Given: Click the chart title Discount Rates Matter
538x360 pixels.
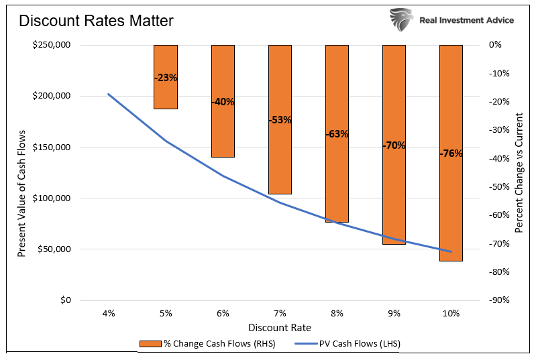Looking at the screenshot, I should pyautogui.click(x=96, y=21).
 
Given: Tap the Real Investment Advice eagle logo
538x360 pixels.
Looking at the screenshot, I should pyautogui.click(x=400, y=20).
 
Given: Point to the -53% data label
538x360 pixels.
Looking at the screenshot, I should pyautogui.click(x=280, y=120).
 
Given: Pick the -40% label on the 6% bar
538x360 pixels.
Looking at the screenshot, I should pyautogui.click(x=223, y=102).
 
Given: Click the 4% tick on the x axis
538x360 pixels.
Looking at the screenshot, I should pyautogui.click(x=109, y=313).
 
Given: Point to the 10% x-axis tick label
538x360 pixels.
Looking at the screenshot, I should pyautogui.click(x=451, y=313).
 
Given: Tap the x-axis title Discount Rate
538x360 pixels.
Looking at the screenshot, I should pyautogui.click(x=280, y=328).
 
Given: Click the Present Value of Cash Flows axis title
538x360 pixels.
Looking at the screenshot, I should pyautogui.click(x=22, y=172).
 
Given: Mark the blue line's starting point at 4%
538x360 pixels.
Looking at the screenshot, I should pyautogui.click(x=109, y=94).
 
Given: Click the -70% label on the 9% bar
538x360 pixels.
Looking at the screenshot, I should pyautogui.click(x=394, y=145).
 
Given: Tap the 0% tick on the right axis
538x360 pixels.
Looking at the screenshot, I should pyautogui.click(x=495, y=45).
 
